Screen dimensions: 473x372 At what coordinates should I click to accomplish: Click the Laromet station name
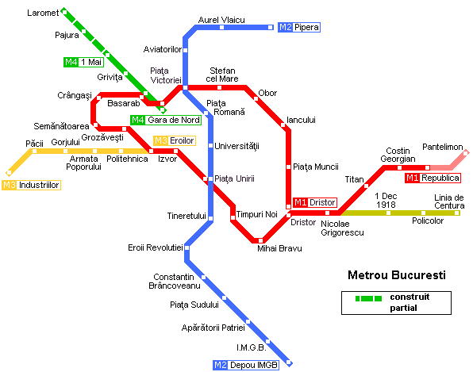click(43, 13)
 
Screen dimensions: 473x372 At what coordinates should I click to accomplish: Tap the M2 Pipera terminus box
click(299, 27)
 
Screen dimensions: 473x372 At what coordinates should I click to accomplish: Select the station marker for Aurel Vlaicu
click(221, 28)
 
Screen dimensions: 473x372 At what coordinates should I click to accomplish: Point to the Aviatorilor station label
click(162, 49)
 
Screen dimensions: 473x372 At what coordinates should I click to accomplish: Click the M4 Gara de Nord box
click(166, 120)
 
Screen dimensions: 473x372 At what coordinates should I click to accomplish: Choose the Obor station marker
click(256, 98)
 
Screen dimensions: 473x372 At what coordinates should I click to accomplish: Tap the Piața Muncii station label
click(316, 167)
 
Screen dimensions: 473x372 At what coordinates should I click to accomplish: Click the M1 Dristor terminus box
click(315, 202)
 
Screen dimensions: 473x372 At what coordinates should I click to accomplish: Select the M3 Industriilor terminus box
click(32, 185)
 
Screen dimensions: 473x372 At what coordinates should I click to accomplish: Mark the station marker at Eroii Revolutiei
click(187, 247)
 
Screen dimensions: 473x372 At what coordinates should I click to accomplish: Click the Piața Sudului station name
click(194, 305)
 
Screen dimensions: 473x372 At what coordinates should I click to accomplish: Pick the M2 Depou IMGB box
click(246, 365)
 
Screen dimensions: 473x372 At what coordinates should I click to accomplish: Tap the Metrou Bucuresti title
click(397, 275)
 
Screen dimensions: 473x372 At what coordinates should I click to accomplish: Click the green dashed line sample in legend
click(368, 298)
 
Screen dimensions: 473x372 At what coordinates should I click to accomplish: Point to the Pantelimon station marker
click(465, 153)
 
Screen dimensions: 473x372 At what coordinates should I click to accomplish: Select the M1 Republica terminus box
click(433, 178)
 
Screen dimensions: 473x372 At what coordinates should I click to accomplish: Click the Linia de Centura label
click(449, 201)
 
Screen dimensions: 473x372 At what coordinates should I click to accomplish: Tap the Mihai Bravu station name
click(279, 248)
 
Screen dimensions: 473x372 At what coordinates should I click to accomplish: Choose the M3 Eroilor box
click(175, 140)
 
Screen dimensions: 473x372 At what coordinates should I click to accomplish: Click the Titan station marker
click(366, 186)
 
